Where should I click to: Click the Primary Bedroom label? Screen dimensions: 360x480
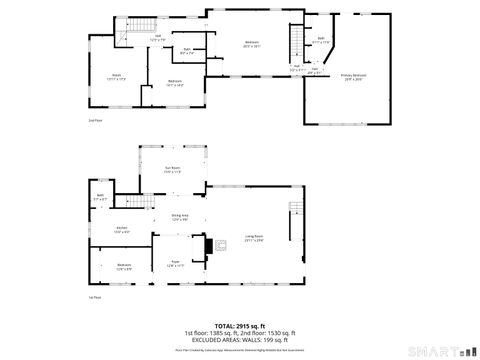click(354, 76)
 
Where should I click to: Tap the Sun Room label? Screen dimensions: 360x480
click(172, 169)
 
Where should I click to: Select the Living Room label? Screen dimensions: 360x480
click(254, 238)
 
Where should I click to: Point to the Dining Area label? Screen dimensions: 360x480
click(180, 217)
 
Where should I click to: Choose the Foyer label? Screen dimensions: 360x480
click(173, 264)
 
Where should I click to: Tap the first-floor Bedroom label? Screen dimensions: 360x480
click(123, 267)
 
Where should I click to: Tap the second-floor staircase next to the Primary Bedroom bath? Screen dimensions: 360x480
click(296, 42)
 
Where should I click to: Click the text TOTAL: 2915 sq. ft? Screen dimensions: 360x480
click(240, 325)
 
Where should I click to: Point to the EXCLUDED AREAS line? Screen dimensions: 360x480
click(240, 340)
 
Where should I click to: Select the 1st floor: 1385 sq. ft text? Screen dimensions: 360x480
click(213, 333)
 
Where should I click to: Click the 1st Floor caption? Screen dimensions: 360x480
click(94, 298)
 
